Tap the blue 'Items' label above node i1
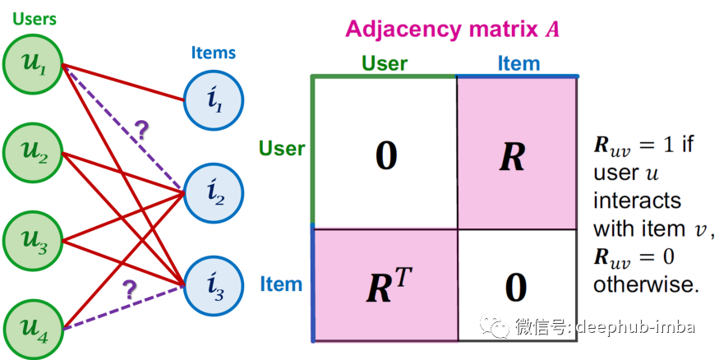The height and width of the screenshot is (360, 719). pyautogui.click(x=213, y=53)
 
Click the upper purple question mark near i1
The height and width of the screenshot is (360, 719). pyautogui.click(x=141, y=130)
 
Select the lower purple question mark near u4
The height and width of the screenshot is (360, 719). pyautogui.click(x=129, y=289)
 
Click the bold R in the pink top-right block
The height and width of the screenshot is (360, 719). pyautogui.click(x=512, y=156)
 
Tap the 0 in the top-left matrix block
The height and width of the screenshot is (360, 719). pyautogui.click(x=385, y=156)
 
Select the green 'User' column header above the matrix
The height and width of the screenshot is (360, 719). pyautogui.click(x=385, y=63)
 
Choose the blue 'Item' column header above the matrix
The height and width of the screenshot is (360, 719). pyautogui.click(x=519, y=63)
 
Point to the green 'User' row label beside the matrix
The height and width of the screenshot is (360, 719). pyautogui.click(x=282, y=149)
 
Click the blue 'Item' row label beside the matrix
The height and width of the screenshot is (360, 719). pyautogui.click(x=281, y=284)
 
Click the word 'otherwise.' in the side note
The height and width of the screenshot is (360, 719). pyautogui.click(x=646, y=284)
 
